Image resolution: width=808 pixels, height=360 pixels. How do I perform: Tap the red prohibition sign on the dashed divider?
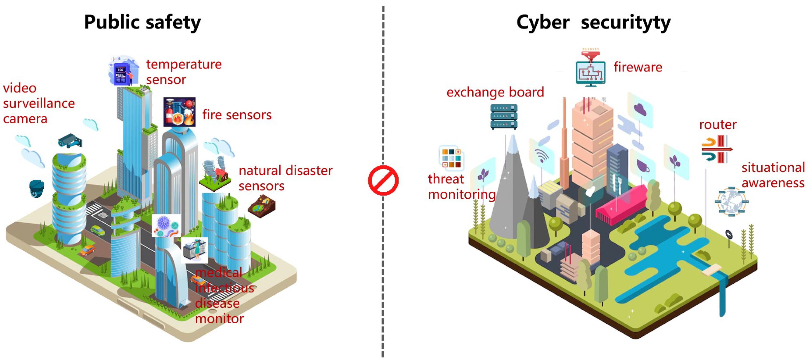click(x=383, y=180)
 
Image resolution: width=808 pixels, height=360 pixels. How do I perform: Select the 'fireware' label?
click(x=638, y=67)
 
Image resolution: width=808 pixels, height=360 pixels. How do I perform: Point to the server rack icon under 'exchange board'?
click(x=504, y=117)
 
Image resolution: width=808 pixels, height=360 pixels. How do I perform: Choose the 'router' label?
click(x=718, y=125)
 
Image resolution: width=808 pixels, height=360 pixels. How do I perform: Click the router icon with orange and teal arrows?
click(x=716, y=149)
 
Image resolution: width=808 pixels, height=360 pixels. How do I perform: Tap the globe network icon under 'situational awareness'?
click(x=731, y=202)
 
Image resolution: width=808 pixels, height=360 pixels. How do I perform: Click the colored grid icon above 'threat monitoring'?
click(x=451, y=158)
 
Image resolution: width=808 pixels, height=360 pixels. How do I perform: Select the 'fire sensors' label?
click(x=237, y=115)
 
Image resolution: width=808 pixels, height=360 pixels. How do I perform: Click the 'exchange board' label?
click(x=495, y=92)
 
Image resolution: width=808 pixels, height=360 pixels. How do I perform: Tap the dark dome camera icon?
click(x=37, y=188)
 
